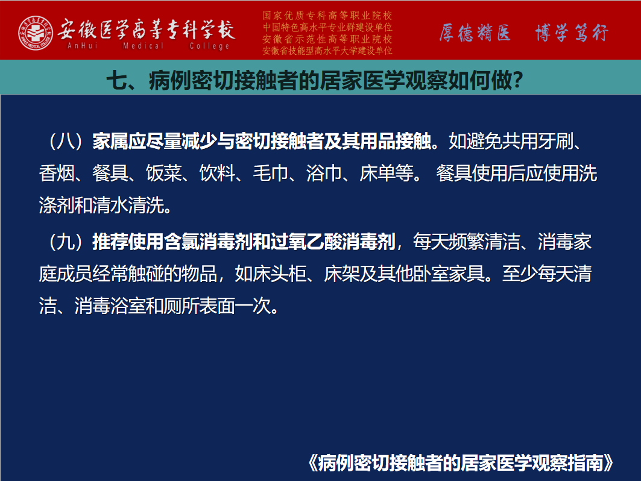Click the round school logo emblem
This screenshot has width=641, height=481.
pos(36,33)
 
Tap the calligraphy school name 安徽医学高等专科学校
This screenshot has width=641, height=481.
pos(146,29)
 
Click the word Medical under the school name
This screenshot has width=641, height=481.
pos(143,46)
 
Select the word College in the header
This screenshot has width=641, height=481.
pos(209,46)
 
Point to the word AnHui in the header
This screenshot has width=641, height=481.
pos(83,46)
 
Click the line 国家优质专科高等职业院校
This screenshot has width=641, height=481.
pos(327,16)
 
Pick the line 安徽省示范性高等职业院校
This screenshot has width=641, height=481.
pos(327,39)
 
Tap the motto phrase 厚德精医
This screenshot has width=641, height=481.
pos(475,33)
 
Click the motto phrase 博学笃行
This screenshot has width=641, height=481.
pos(572,33)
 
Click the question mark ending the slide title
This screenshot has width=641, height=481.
pos(518,80)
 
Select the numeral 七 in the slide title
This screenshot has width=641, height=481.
pos(117,80)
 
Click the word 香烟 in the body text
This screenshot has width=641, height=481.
pos(57,173)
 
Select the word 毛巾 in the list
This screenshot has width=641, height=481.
pos(271,173)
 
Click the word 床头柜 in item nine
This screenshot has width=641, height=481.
pos(279,274)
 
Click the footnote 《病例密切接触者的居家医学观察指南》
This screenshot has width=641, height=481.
pos(460,463)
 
